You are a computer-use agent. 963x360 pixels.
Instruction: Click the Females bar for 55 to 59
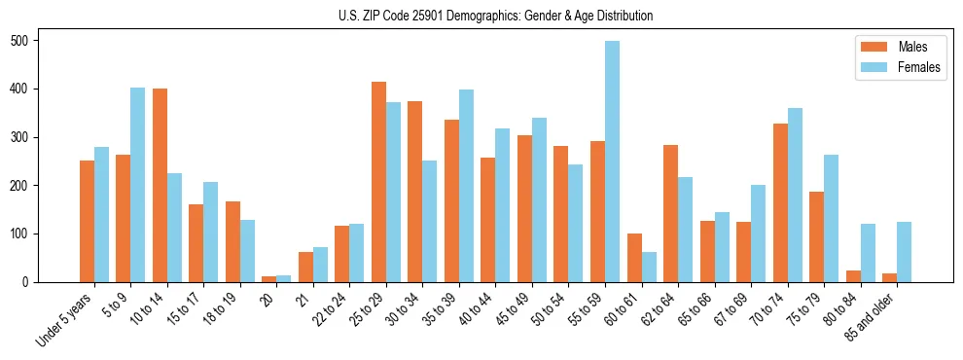point(612,162)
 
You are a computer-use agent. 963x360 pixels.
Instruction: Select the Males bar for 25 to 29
point(378,182)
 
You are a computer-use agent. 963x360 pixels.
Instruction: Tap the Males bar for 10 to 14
point(160,185)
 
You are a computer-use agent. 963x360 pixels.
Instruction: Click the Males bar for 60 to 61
point(634,258)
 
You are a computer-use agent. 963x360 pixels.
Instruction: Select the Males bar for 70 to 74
point(743,202)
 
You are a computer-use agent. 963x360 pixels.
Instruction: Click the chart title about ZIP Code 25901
point(495,17)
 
